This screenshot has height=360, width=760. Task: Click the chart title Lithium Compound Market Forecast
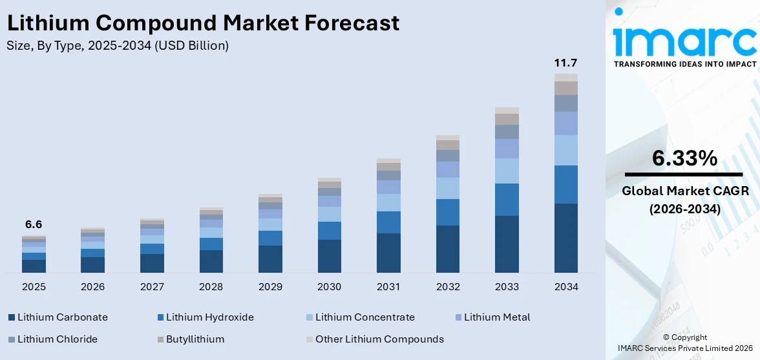203,23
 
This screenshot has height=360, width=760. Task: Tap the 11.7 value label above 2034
565,63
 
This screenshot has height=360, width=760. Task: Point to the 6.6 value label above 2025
34,225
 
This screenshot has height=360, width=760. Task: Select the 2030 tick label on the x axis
330,286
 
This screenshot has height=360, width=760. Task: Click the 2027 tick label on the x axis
152,286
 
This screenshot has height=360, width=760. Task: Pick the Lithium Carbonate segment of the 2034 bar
565,238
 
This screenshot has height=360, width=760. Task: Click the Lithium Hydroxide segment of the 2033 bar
507,200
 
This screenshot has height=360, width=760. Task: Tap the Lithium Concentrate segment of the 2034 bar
565,150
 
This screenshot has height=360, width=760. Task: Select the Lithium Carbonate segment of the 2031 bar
388,253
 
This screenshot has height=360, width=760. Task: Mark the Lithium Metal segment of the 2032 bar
447,169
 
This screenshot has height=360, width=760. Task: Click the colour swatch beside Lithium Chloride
12,339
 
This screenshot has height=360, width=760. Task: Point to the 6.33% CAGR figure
684,158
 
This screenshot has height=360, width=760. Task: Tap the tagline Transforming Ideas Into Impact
684,64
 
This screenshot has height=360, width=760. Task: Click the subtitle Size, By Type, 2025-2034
117,46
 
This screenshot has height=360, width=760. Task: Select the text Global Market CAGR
684,191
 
